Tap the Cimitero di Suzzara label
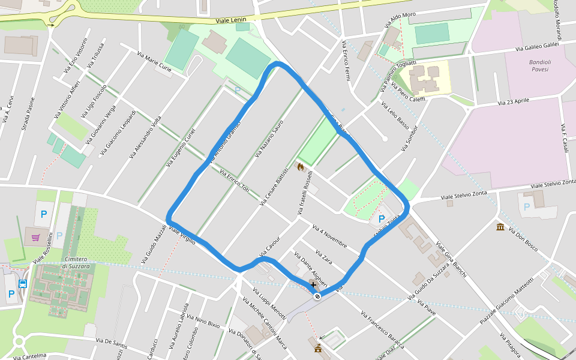click(76, 263)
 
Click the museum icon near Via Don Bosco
click(500, 226)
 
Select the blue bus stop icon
click(23, 284)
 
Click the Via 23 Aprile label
click(514, 101)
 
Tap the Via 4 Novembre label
click(330, 236)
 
